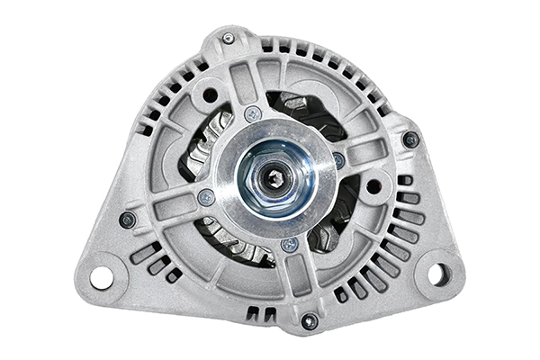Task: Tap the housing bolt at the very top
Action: (229, 39)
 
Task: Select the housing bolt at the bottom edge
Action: (310, 321)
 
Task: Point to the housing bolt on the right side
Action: (410, 139)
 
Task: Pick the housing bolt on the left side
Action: (128, 220)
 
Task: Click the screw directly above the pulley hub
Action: (253, 114)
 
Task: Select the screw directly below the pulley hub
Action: (290, 243)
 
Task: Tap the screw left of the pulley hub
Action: (206, 197)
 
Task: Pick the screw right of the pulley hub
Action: (338, 160)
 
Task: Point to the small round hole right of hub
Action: (373, 187)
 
